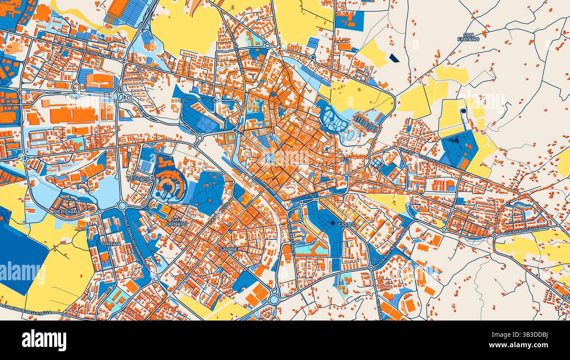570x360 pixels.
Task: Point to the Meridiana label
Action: [x=67, y=211]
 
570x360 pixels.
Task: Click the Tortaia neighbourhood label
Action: [x=98, y=232]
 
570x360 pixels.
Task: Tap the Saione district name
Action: [x=229, y=249]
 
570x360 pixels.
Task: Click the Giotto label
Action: [x=347, y=225]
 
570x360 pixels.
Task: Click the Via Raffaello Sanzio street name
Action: [x=393, y=246]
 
